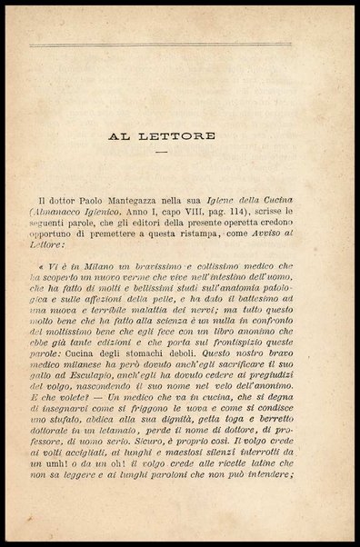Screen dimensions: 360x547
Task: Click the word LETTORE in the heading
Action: (x=182, y=137)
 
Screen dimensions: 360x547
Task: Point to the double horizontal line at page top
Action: (x=161, y=44)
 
